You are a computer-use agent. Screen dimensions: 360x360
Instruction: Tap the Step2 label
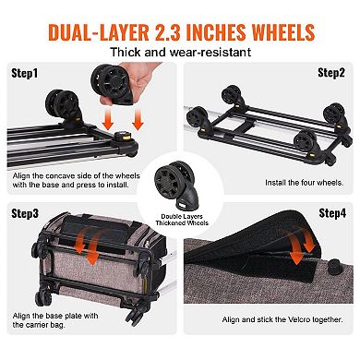(330, 71)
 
